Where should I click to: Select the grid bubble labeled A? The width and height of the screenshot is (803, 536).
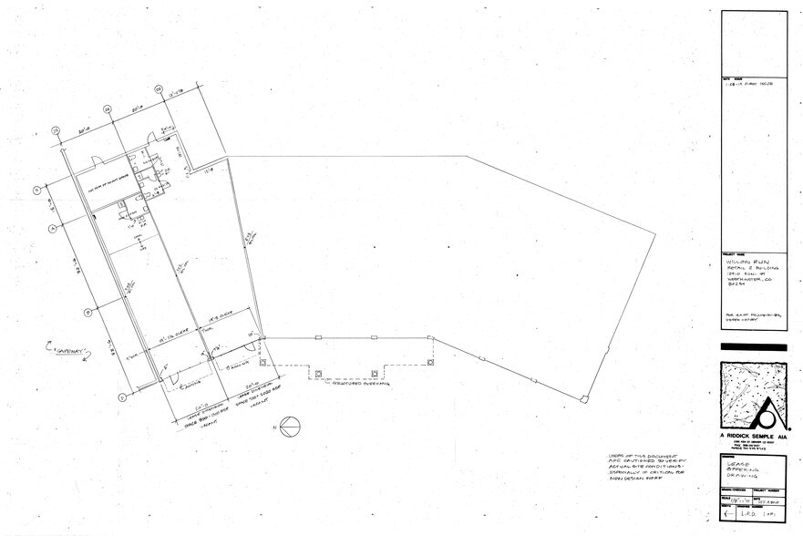[x=53, y=225]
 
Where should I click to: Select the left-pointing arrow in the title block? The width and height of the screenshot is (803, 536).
[x=728, y=514]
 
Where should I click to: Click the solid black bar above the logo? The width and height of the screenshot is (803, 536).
[x=753, y=346]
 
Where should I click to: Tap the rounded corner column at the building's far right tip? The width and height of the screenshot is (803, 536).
[x=584, y=398]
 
